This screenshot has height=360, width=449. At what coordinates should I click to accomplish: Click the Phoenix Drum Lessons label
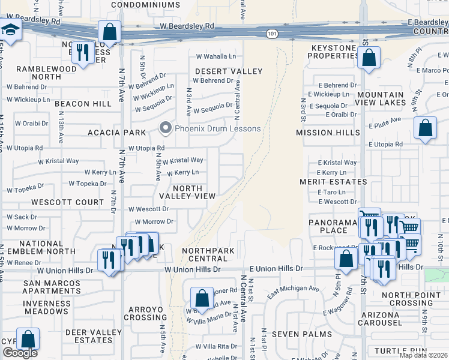[x=218, y=128]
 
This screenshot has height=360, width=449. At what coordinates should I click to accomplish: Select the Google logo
[x=19, y=353]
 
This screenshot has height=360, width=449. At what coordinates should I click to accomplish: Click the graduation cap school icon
[x=10, y=29]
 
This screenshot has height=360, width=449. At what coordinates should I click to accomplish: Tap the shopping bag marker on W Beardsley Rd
[x=109, y=32]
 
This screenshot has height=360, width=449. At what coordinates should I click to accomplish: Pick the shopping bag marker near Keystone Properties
[x=369, y=58]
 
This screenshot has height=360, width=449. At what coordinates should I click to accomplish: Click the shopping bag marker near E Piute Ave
[x=425, y=128]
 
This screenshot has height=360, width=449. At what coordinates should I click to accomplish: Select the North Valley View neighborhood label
[x=187, y=192]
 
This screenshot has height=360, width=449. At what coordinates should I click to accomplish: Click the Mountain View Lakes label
[x=380, y=98]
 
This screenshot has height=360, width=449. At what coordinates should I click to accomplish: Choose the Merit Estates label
[x=333, y=181]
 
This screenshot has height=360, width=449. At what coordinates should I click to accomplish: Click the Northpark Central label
[x=205, y=254]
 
